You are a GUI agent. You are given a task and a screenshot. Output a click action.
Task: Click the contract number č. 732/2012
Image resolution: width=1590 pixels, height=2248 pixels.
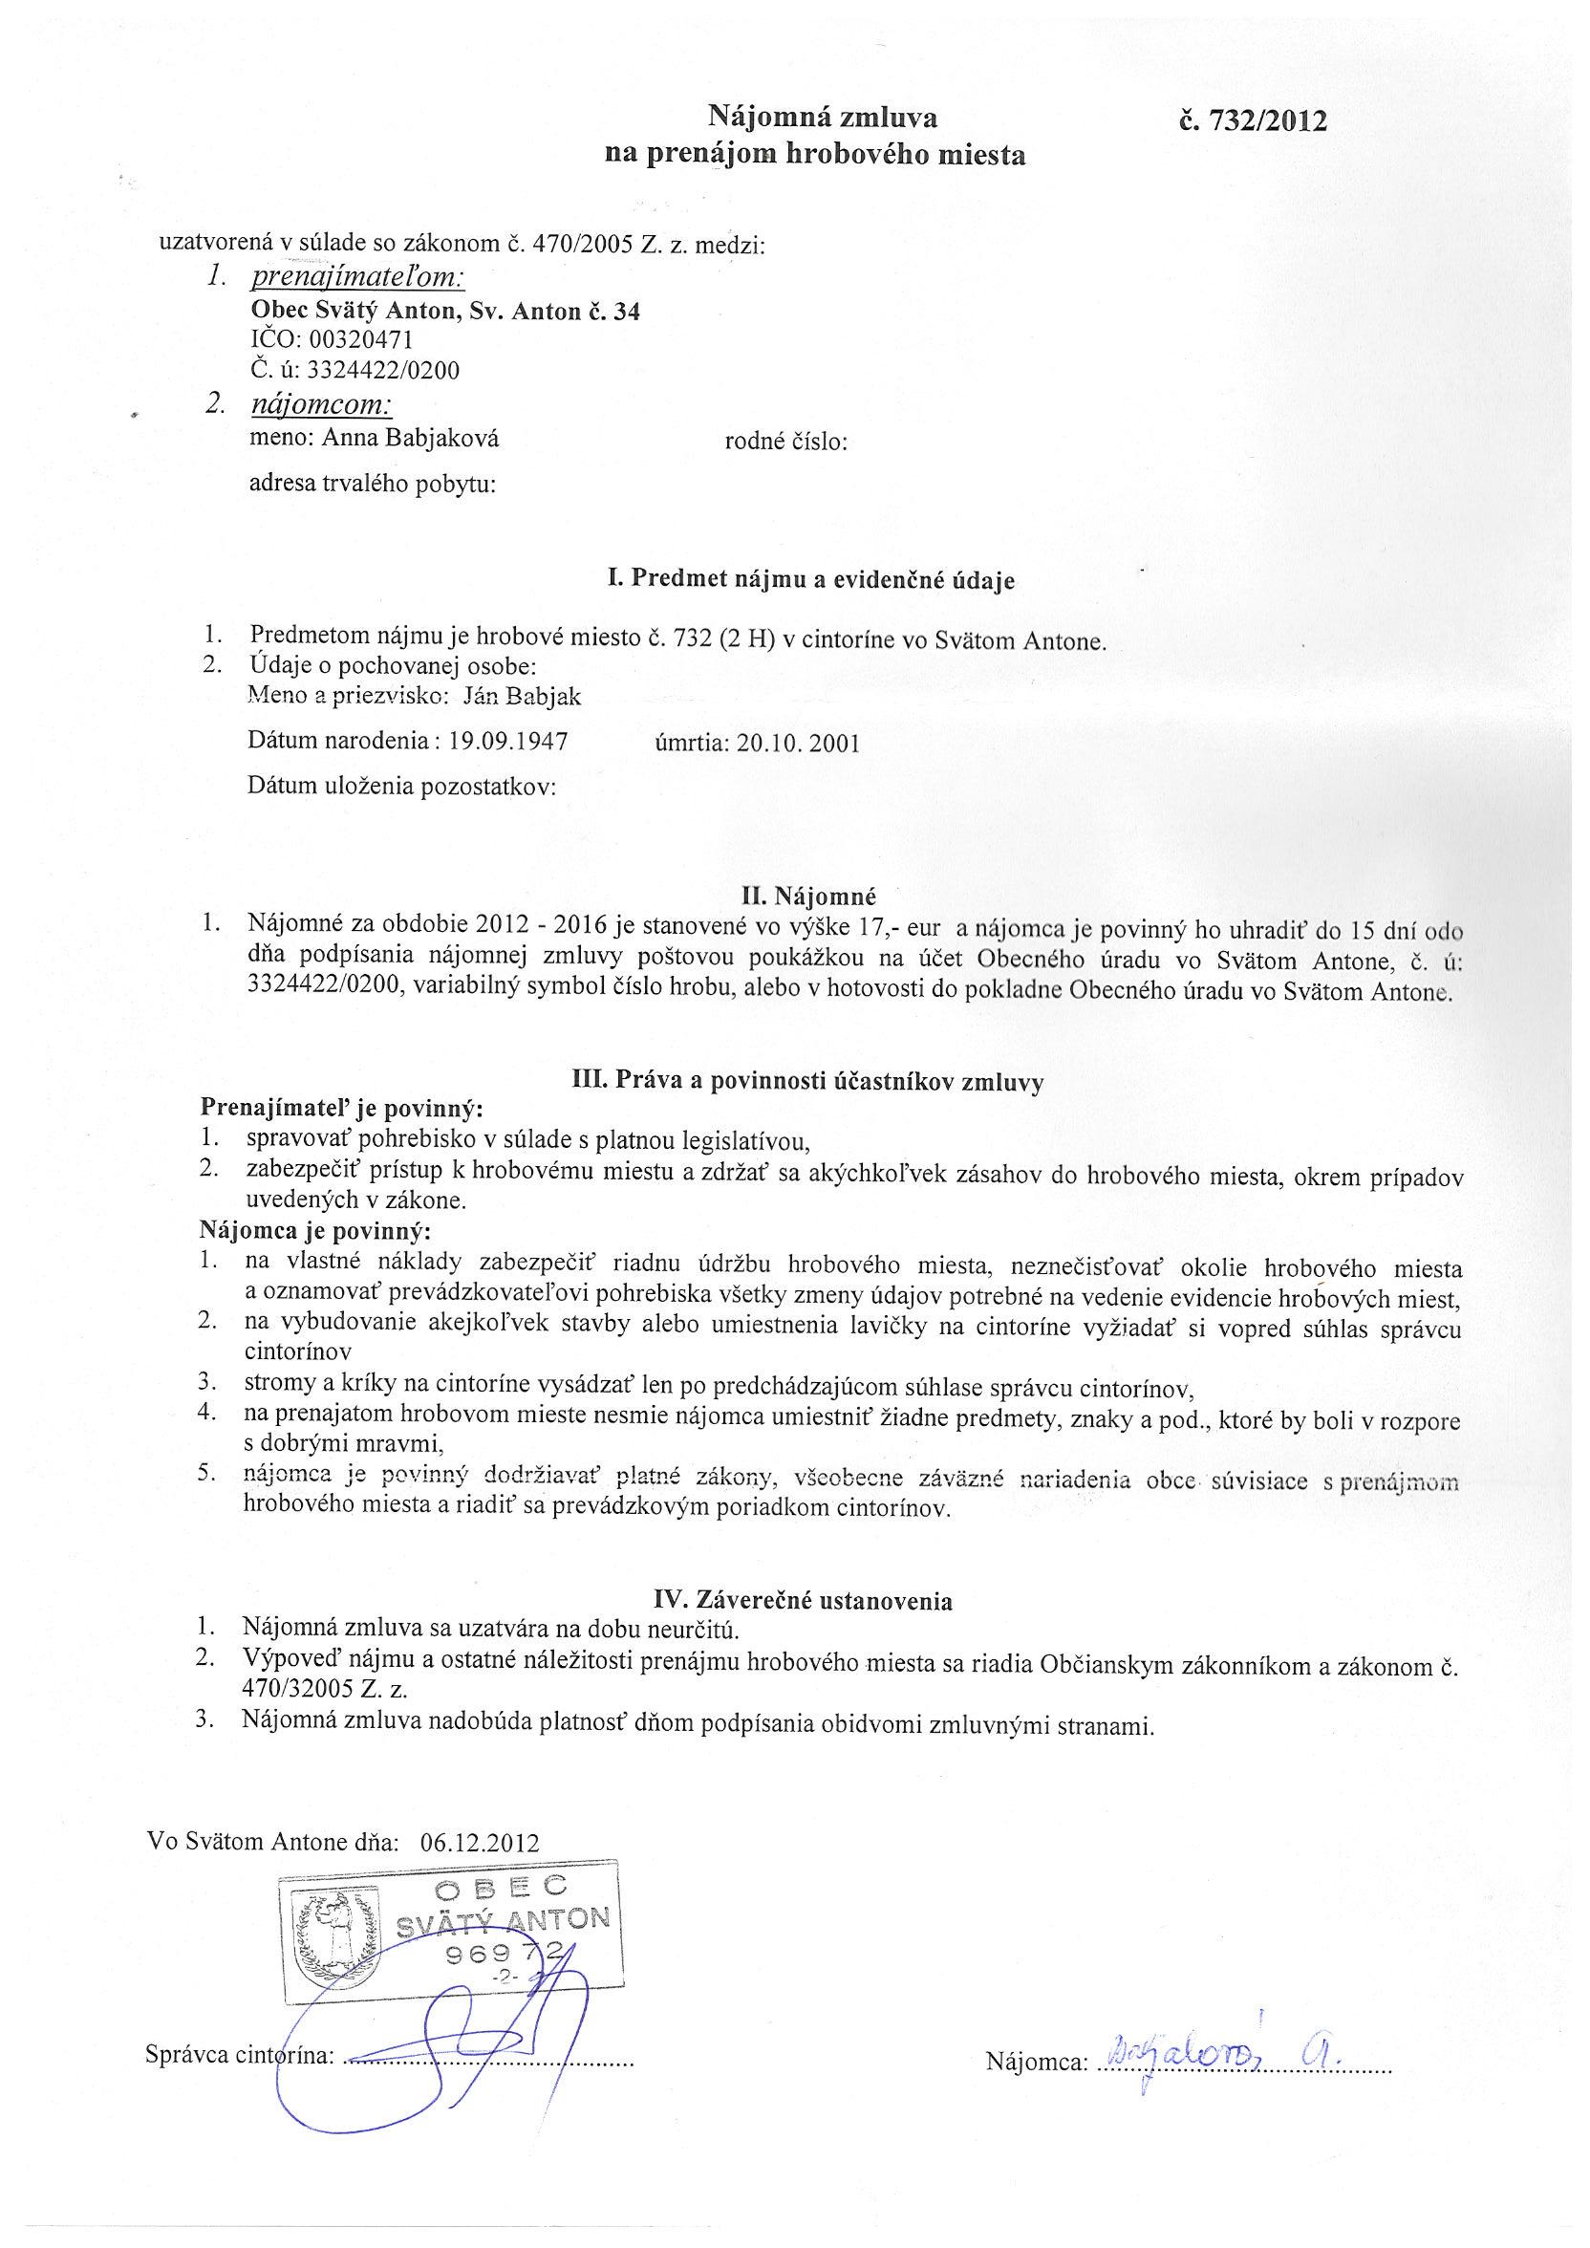pyautogui.click(x=1254, y=121)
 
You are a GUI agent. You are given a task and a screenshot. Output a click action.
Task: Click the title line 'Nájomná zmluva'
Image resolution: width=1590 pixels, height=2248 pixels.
pyautogui.click(x=823, y=119)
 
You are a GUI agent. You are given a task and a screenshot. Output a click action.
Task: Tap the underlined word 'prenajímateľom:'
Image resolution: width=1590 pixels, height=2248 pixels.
pyautogui.click(x=357, y=277)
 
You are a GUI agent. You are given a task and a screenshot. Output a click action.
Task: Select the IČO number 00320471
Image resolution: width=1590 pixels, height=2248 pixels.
pyautogui.click(x=360, y=339)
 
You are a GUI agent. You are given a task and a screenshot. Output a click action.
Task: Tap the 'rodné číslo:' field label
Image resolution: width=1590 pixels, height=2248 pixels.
pyautogui.click(x=785, y=442)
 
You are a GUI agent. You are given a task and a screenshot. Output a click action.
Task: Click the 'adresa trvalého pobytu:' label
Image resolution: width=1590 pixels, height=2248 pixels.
pyautogui.click(x=373, y=484)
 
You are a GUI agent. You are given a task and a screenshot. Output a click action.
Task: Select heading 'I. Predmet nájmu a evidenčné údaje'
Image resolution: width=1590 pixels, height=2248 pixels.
pyautogui.click(x=810, y=579)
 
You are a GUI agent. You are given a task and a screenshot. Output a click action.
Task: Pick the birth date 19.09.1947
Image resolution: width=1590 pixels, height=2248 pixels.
pyautogui.click(x=508, y=740)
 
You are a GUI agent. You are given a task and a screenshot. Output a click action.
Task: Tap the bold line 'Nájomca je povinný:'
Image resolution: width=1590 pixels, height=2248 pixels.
pyautogui.click(x=315, y=1230)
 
